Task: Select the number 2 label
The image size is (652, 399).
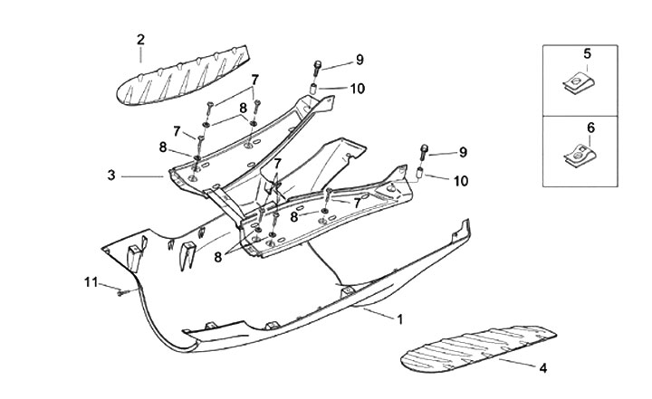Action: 140,39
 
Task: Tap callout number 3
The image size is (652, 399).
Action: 111,175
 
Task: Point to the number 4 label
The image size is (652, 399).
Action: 543,368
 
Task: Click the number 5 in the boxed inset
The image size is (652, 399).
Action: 587,54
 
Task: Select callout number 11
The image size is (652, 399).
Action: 91,282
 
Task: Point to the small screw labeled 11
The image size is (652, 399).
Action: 122,291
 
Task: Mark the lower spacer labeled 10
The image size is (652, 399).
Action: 420,174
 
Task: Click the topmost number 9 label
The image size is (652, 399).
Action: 360,61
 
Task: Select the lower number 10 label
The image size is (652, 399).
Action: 461,181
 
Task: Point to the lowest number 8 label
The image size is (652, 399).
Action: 219,257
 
